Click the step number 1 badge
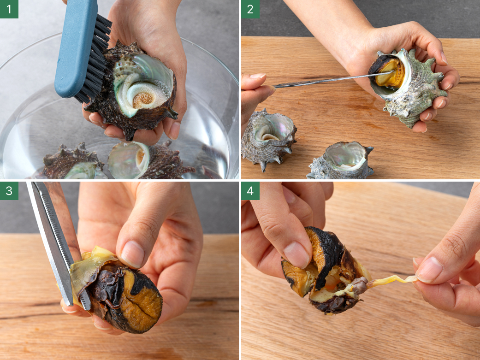click(9, 9)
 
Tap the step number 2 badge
click(250, 9)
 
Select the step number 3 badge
click(9, 191)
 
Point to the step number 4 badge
click(250, 191)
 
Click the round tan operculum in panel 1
click(142, 98)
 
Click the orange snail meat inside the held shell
click(389, 72)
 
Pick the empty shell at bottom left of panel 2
click(268, 138)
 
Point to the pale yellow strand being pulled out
click(392, 281)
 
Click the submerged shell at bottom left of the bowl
click(73, 163)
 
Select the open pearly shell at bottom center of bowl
click(129, 160)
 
